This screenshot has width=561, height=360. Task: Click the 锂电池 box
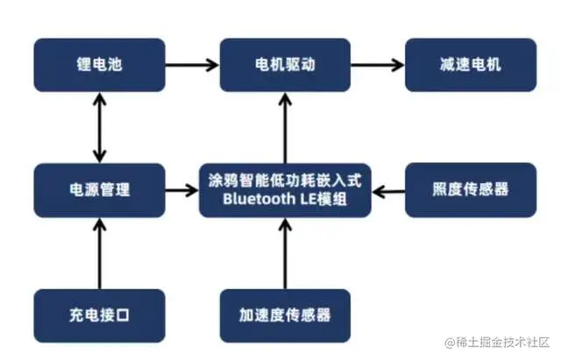pyautogui.click(x=99, y=65)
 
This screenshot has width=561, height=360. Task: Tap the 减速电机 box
pyautogui.click(x=470, y=65)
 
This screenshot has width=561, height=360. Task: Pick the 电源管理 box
pyautogui.click(x=99, y=189)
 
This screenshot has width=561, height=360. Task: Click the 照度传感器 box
pyautogui.click(x=470, y=189)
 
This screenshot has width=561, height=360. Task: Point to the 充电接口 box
pyautogui.click(x=99, y=314)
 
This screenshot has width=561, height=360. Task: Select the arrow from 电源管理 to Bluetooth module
pyautogui.click(x=181, y=189)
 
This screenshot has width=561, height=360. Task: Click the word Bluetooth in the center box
pyautogui.click(x=256, y=199)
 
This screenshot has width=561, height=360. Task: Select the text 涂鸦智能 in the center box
pyautogui.click(x=236, y=180)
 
